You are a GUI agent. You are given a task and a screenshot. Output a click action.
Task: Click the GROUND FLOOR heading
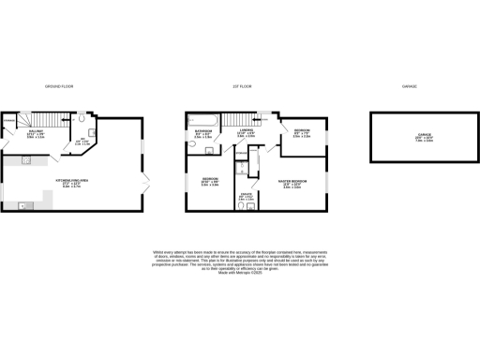pos(59,86)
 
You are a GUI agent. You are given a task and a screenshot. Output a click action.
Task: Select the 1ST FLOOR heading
pos(241,86)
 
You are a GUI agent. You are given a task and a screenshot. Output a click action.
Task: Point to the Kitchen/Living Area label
pos(72,184)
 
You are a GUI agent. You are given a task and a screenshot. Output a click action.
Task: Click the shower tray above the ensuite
pos(242,168)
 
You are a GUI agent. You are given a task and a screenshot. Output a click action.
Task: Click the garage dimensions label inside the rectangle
pos(412,141)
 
